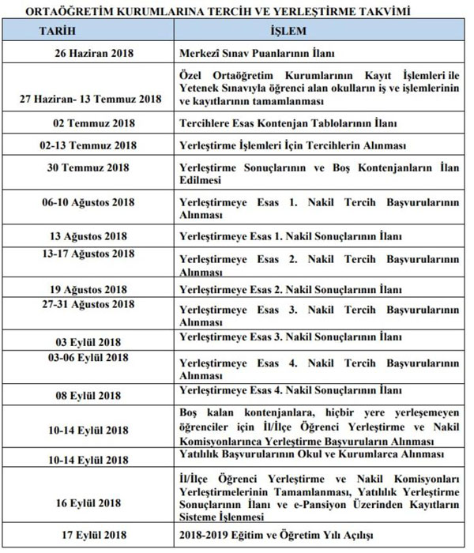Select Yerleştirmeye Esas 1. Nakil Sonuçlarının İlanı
pos(292,236)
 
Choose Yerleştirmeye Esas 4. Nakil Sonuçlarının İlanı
pos(292,390)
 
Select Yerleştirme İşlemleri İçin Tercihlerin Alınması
pos(293,145)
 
